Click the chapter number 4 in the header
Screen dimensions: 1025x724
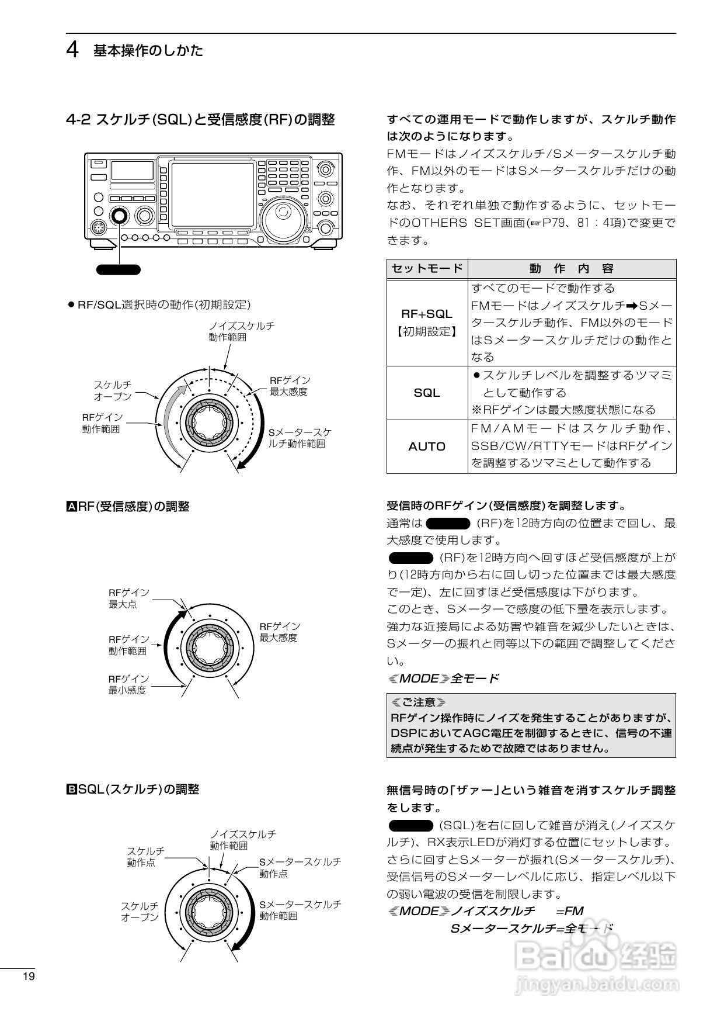tap(72, 50)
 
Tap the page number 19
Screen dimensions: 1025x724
tap(28, 976)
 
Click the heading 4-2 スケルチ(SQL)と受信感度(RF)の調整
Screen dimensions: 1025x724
tap(200, 120)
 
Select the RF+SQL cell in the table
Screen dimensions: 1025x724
tap(427, 322)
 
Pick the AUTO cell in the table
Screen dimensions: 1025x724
tap(427, 446)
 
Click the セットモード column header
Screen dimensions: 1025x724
tap(427, 268)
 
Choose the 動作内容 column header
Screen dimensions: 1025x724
tap(572, 268)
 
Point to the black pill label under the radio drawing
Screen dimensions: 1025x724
tap(119, 269)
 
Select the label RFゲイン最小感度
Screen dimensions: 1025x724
tap(128, 684)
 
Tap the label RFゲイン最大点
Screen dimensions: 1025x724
tap(129, 598)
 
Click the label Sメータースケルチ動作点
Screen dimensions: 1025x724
tap(300, 867)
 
